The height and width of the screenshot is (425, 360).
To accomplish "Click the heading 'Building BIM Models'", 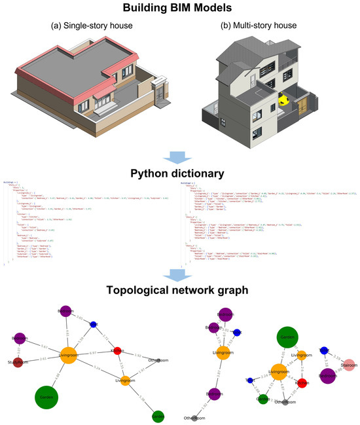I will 180,9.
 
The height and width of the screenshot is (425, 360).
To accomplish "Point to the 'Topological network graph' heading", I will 180,289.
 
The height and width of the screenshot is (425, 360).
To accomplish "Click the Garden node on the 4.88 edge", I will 43,397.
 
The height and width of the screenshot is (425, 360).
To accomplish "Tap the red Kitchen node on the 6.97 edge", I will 118,350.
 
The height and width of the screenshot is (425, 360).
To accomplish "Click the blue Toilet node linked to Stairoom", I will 323,351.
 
